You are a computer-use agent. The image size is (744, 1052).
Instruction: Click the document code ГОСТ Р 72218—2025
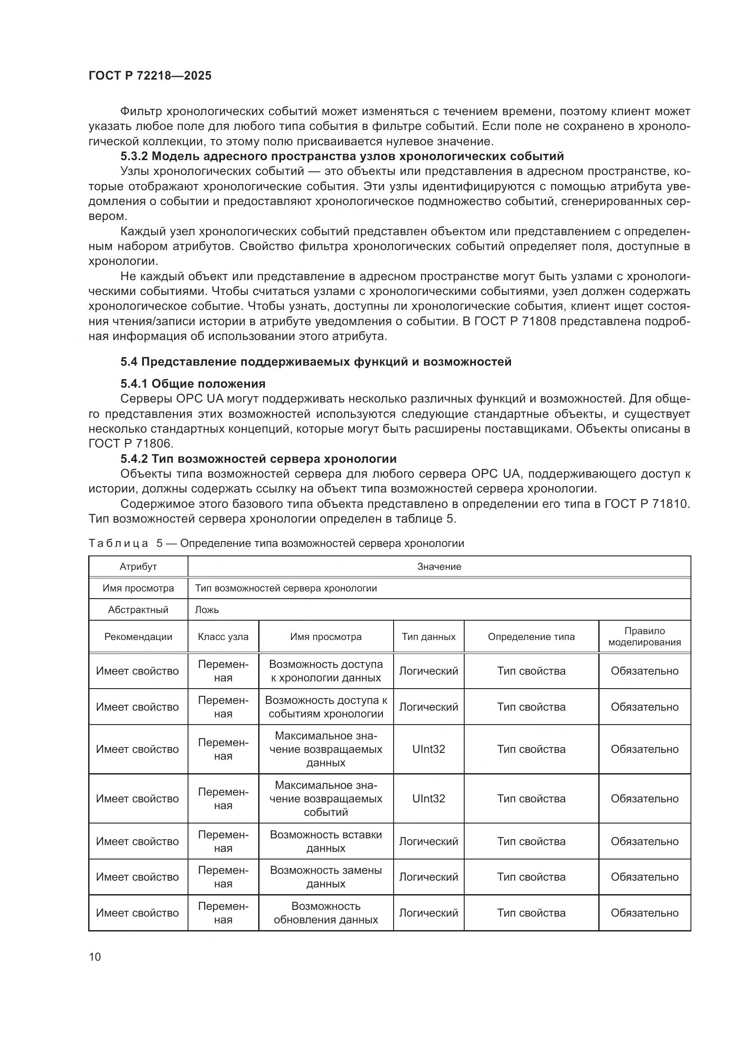click(x=150, y=76)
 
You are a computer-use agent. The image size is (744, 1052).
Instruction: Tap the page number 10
click(x=95, y=957)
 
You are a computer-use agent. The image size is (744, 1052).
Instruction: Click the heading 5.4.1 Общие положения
click(x=193, y=384)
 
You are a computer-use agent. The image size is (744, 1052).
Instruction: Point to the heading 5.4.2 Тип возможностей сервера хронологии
click(x=258, y=459)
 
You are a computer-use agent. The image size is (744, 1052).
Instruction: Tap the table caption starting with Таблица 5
click(x=276, y=543)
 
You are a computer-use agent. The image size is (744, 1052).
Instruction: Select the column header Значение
click(x=439, y=567)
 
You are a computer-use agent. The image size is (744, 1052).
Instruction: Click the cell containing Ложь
click(x=207, y=610)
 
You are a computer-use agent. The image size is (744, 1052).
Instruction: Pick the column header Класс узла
click(x=223, y=637)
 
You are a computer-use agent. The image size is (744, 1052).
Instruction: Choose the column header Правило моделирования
click(x=644, y=636)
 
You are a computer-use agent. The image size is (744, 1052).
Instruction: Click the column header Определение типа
click(x=531, y=637)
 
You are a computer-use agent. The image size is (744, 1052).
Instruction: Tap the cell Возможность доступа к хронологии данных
click(x=326, y=671)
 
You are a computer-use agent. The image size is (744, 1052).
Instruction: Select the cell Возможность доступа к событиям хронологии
click(x=326, y=707)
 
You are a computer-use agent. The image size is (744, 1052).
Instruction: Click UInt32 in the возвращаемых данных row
click(x=428, y=749)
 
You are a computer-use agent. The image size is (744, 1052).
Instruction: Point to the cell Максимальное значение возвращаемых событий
click(x=326, y=799)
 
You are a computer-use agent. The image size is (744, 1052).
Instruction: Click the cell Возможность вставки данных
click(x=326, y=841)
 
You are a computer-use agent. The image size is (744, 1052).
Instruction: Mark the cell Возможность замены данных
click(x=326, y=877)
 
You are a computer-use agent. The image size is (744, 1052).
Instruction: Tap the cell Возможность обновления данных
click(x=326, y=913)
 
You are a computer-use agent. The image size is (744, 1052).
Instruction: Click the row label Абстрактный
click(x=138, y=610)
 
